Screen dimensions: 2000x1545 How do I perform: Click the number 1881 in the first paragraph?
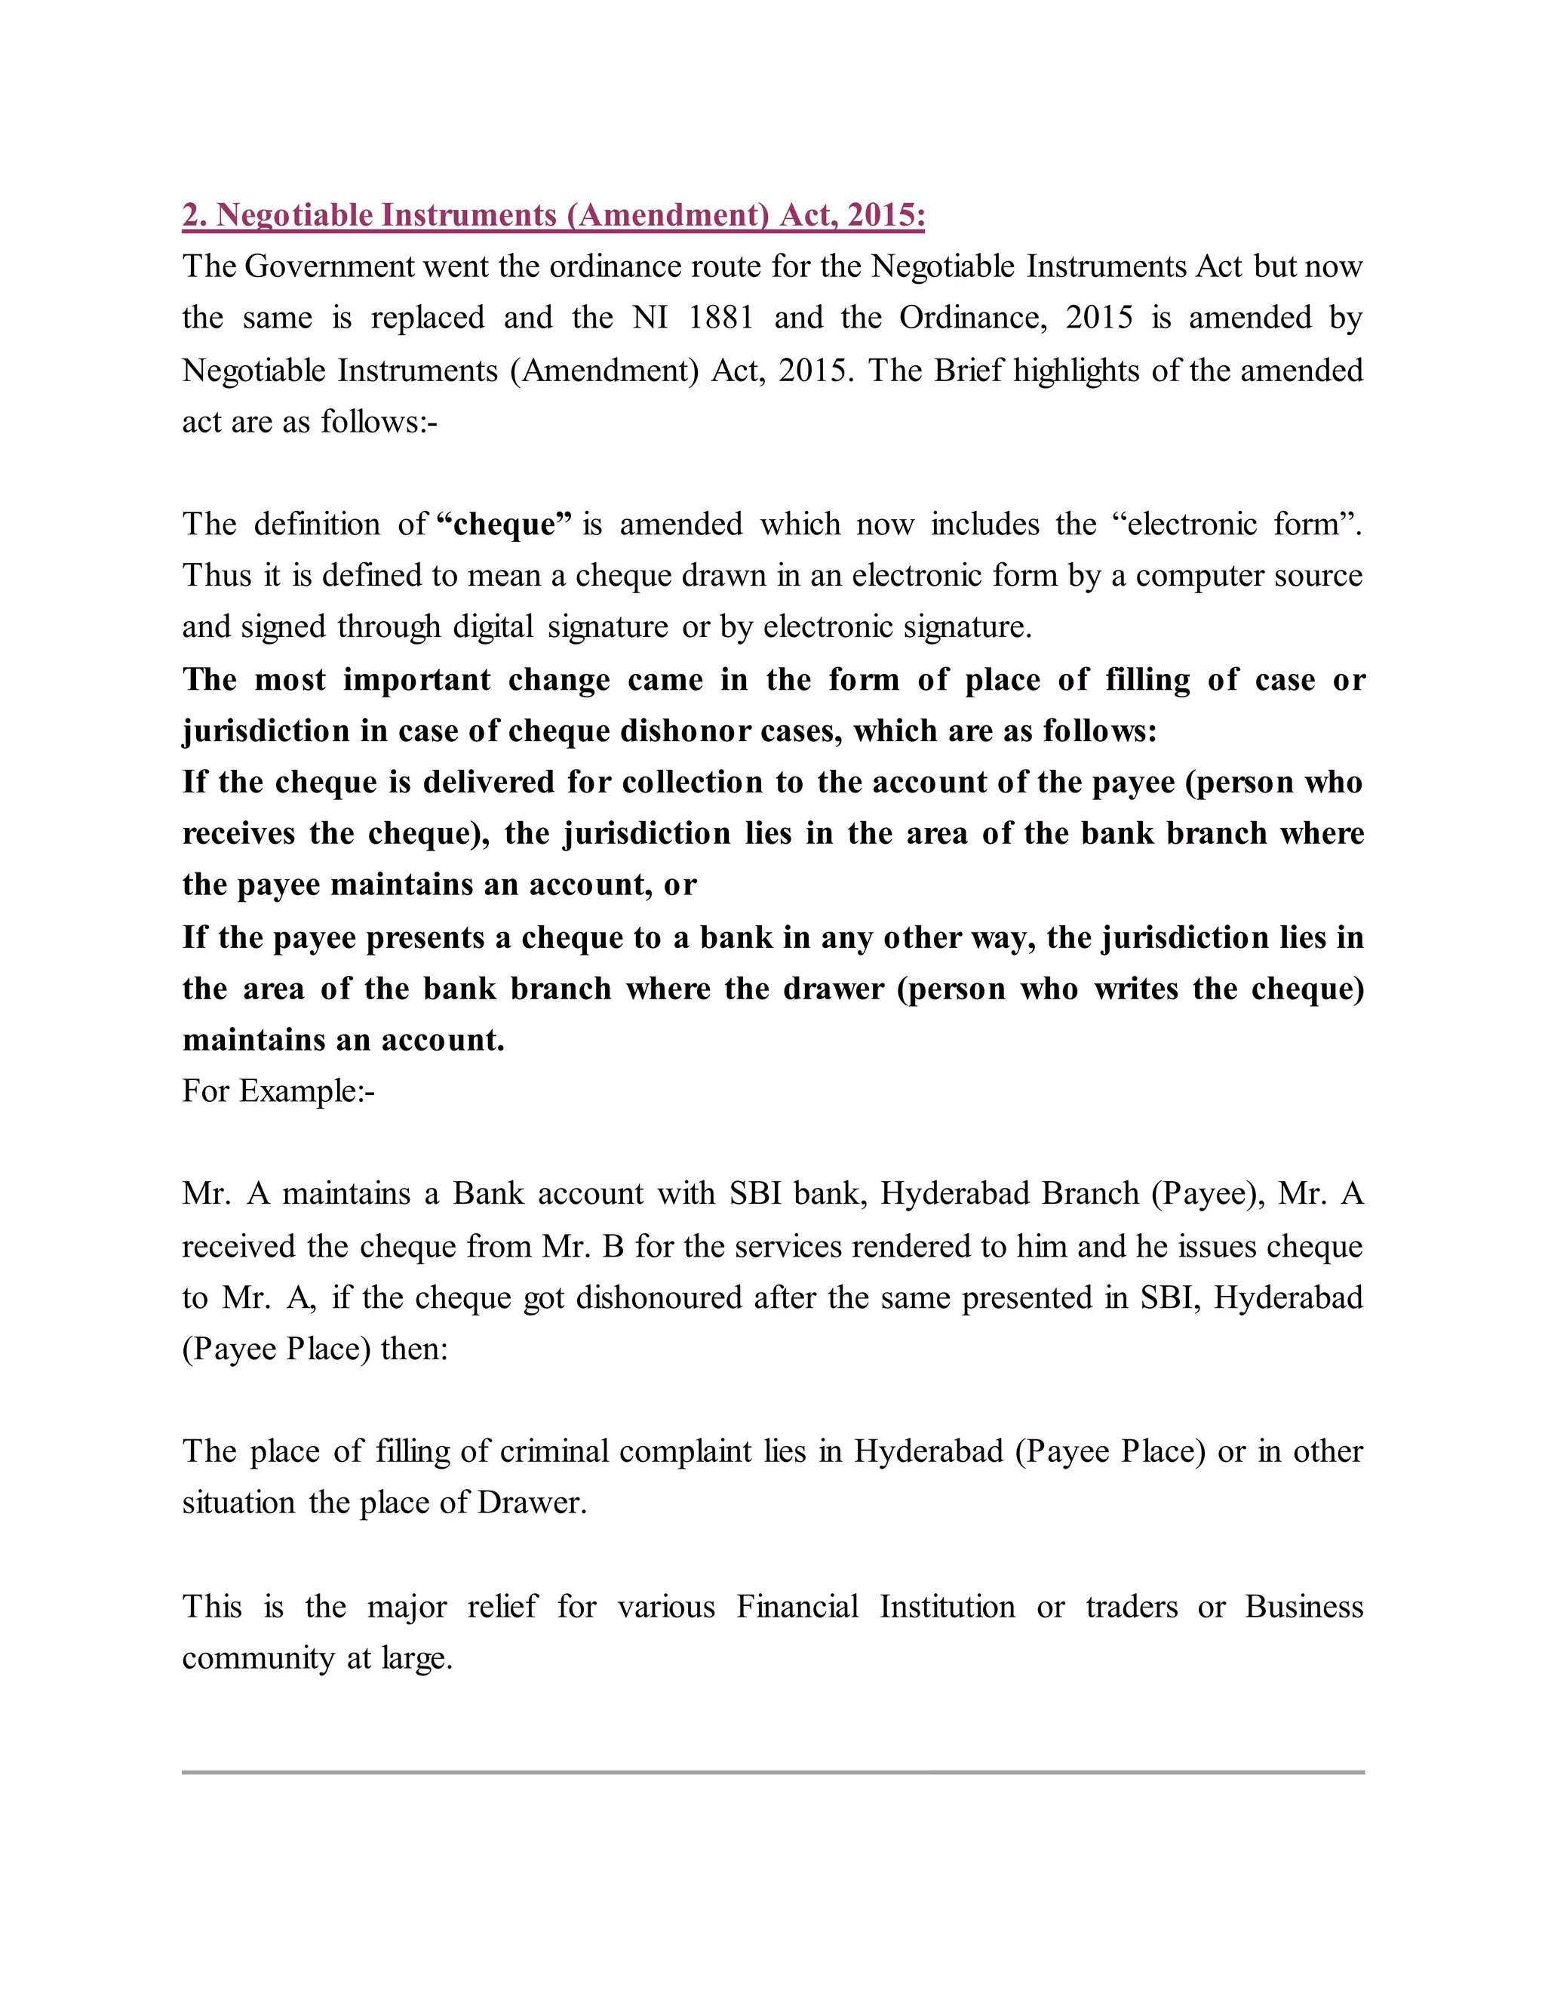tap(720, 318)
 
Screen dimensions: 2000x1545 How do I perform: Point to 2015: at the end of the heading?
tap(885, 215)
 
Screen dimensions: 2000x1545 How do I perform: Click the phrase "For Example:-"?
tap(278, 1091)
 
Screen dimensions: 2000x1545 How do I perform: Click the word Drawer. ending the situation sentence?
tap(532, 1503)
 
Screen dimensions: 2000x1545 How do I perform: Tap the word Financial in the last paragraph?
tap(797, 1607)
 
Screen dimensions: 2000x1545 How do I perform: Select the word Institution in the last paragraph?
tap(948, 1607)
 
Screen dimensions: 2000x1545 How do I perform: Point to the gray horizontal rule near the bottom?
tap(772, 1772)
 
